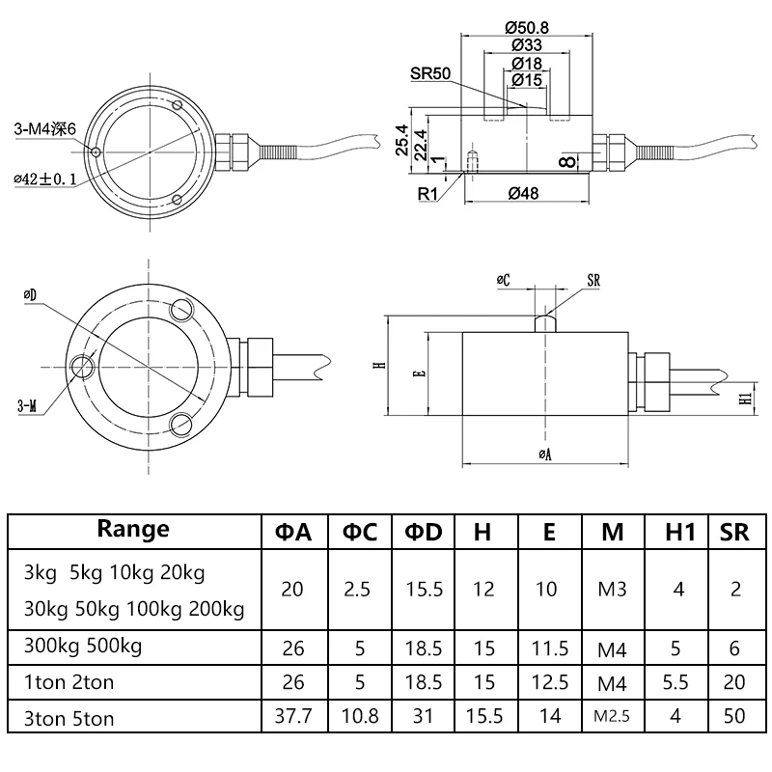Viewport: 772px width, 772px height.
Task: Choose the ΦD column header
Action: (x=422, y=531)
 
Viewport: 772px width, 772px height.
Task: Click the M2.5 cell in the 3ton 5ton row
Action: (x=613, y=716)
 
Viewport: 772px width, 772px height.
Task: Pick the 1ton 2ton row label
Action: (x=69, y=682)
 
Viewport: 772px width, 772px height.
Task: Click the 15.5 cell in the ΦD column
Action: (x=422, y=589)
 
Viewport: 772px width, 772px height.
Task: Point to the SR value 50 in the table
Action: (x=733, y=716)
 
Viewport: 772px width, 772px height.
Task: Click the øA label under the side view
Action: (x=545, y=454)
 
